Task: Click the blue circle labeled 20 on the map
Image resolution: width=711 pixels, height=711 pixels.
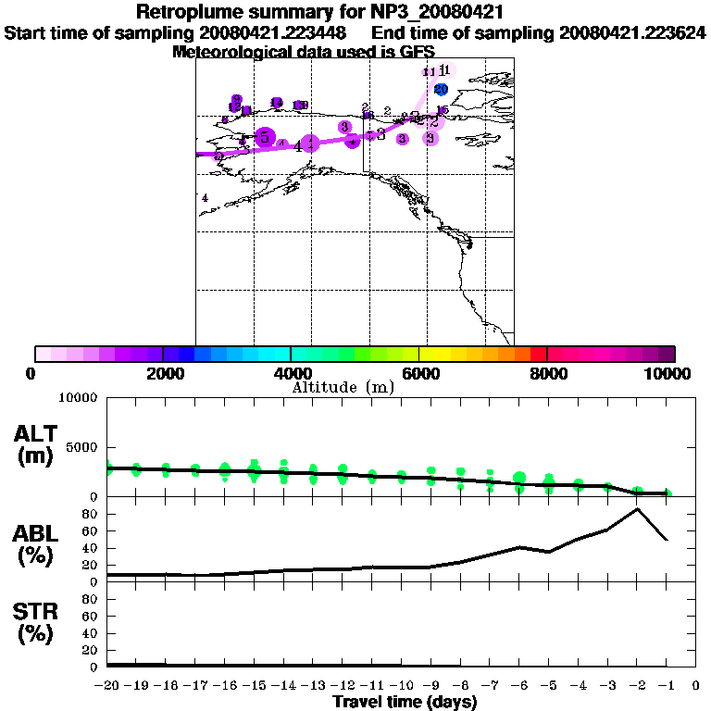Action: (x=442, y=89)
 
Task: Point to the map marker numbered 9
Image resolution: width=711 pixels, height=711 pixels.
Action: (x=237, y=99)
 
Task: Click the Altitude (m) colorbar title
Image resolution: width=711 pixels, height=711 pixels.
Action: (x=343, y=387)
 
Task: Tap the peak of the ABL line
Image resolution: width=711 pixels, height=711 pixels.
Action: (x=637, y=508)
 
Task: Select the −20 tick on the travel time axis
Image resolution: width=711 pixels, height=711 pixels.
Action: (x=107, y=685)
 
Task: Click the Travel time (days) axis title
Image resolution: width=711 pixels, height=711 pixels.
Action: (x=405, y=702)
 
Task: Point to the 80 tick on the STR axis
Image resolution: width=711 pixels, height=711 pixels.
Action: (x=92, y=599)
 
